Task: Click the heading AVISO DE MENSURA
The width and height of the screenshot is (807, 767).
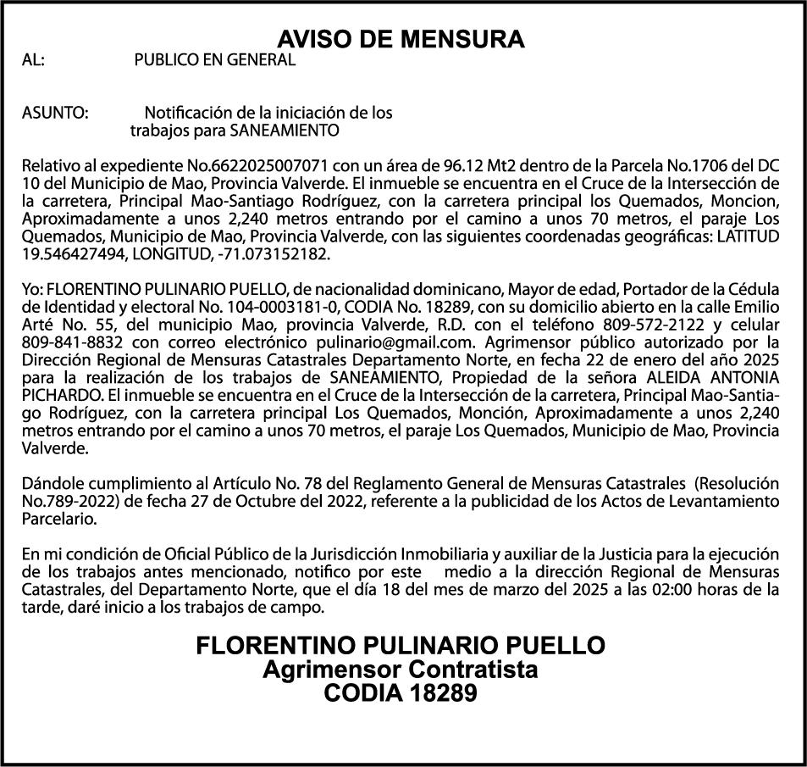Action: [x=401, y=40]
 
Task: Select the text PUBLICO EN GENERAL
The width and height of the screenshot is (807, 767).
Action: [x=215, y=60]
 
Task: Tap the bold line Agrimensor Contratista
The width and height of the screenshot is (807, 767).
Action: [x=401, y=670]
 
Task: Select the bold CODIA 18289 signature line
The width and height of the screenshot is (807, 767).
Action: [x=401, y=693]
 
